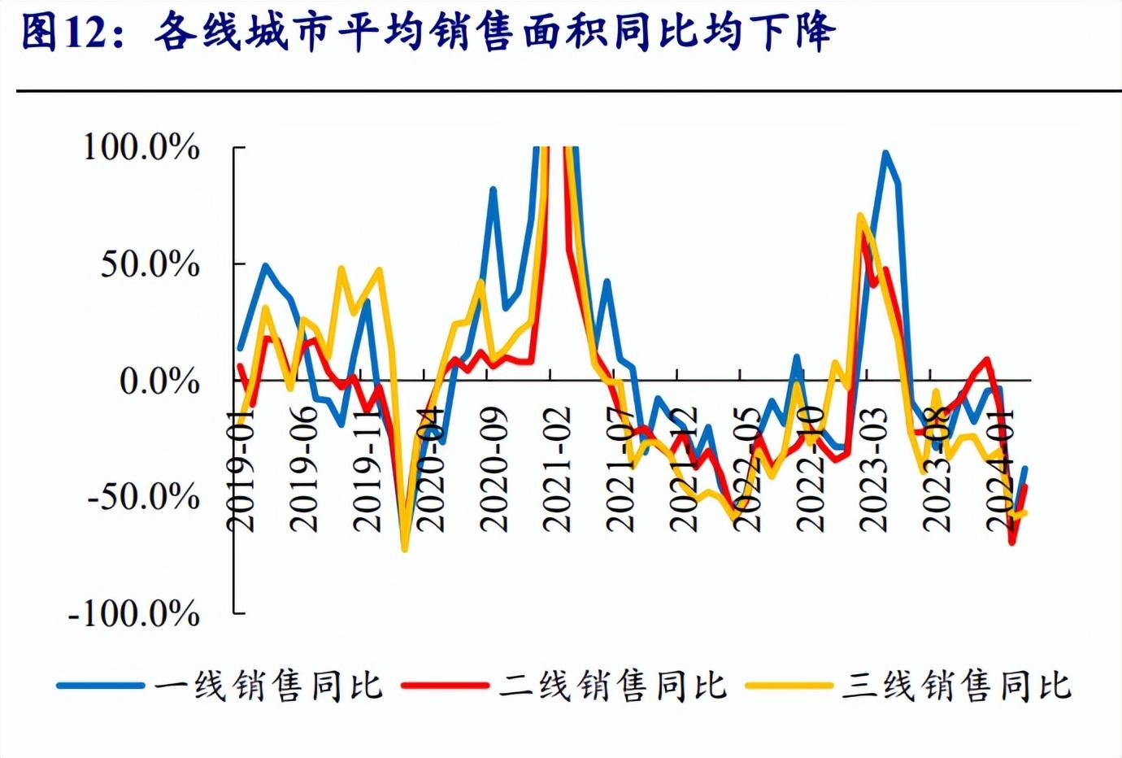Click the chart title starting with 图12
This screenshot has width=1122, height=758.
428,33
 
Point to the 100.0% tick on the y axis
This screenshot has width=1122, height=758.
141,147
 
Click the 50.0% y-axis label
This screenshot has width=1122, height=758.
150,264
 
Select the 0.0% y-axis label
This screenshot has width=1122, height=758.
159,381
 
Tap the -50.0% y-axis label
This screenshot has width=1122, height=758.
143,496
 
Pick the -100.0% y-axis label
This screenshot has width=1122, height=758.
134,612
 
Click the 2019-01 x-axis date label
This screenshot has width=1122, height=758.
241,469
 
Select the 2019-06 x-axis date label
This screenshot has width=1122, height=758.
304,469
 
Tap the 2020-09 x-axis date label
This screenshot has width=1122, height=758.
494,469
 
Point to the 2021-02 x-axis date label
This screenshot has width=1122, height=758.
557,469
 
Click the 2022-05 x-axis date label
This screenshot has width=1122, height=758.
747,469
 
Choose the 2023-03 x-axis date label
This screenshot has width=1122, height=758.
874,469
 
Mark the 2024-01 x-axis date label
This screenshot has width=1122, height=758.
1000,469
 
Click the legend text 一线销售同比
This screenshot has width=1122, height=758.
268,686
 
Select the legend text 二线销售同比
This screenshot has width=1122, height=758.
612,686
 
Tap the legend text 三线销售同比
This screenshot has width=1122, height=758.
956,686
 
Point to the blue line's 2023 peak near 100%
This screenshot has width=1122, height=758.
885,153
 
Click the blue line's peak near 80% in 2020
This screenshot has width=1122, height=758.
494,189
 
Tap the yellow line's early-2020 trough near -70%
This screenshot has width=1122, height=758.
405,549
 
